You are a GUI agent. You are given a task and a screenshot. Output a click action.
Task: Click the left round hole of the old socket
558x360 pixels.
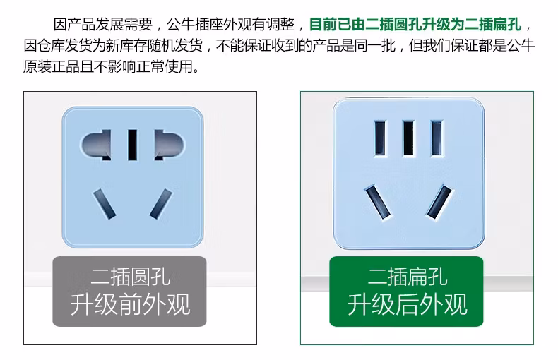click(96, 146)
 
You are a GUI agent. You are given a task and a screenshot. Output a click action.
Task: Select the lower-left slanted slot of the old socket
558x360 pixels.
click(103, 203)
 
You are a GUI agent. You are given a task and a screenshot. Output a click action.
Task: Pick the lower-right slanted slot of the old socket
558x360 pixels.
click(161, 203)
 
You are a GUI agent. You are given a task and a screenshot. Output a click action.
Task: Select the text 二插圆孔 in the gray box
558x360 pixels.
click(130, 275)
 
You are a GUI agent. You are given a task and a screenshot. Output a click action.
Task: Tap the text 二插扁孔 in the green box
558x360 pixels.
click(408, 275)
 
